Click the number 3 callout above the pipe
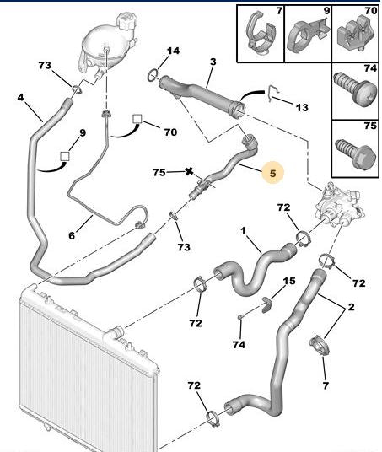click(213, 62)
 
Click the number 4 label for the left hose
click(20, 98)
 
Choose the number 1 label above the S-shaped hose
click(243, 229)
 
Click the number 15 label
click(289, 281)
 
